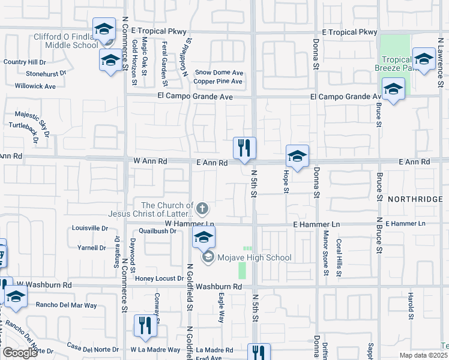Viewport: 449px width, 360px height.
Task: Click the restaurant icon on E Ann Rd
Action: click(x=244, y=148)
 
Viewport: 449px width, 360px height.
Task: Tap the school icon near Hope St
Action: click(x=297, y=157)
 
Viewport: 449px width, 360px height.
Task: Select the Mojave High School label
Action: click(x=255, y=258)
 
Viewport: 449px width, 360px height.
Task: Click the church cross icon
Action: click(x=203, y=209)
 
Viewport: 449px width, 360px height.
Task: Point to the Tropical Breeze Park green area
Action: click(x=396, y=47)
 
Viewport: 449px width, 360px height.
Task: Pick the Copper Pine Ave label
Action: click(x=218, y=81)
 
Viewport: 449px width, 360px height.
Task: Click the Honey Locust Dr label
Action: click(x=159, y=278)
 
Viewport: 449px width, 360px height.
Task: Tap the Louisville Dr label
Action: click(x=89, y=228)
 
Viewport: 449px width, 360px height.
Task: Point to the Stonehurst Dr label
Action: click(x=46, y=73)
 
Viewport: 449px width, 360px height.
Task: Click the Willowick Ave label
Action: click(x=35, y=86)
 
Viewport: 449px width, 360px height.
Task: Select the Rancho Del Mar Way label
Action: click(x=67, y=305)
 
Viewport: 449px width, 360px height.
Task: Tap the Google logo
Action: click(x=20, y=353)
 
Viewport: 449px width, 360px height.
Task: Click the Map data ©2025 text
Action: click(x=423, y=355)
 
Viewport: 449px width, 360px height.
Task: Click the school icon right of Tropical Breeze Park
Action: click(x=424, y=61)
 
